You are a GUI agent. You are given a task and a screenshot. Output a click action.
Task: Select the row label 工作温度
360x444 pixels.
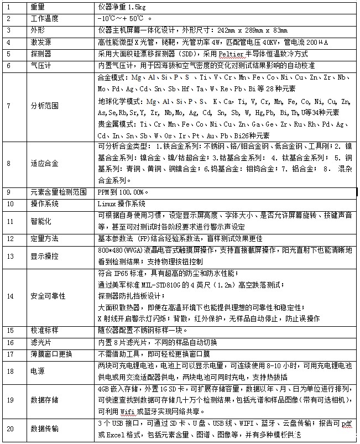[x=45, y=18]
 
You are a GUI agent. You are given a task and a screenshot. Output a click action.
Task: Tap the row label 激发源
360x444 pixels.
[x=42, y=42]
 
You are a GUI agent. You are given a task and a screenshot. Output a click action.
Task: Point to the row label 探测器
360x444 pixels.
[x=42, y=54]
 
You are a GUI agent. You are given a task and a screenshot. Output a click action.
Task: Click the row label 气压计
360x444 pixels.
[x=42, y=65]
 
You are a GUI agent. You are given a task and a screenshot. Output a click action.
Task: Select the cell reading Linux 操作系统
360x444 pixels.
[x=124, y=203]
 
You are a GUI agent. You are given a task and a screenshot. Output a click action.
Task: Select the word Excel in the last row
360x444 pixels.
[x=115, y=434]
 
